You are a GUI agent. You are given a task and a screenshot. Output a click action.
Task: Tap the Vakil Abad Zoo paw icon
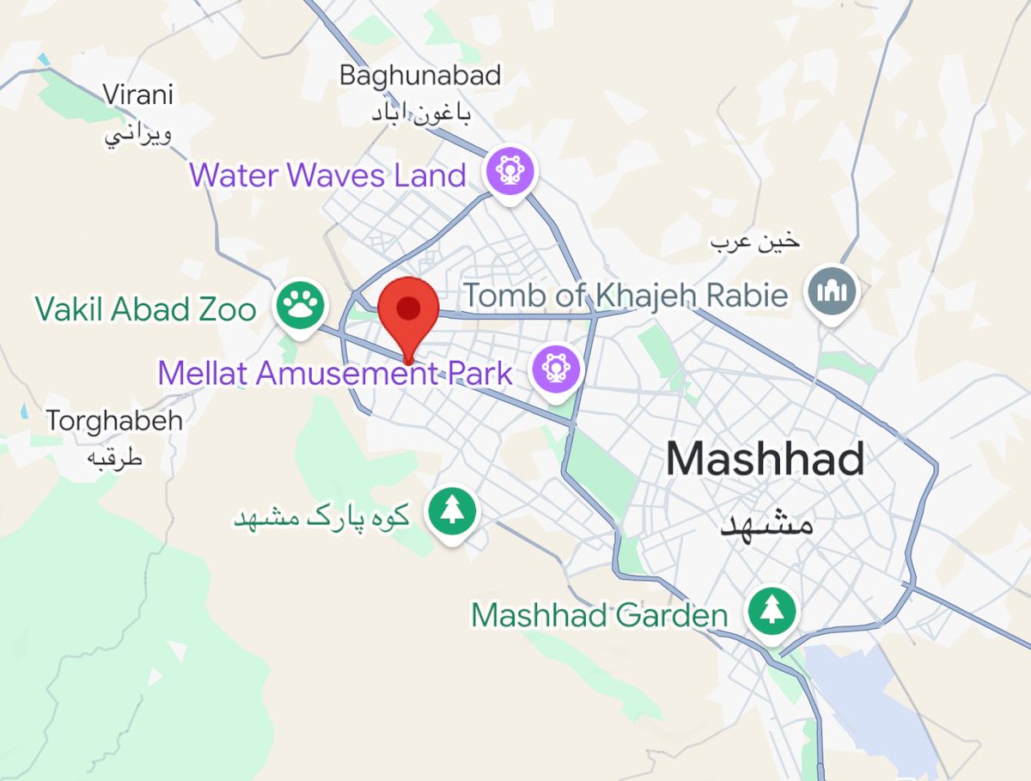click(300, 304)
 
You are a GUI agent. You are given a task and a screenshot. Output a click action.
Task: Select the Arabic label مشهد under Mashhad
click(766, 522)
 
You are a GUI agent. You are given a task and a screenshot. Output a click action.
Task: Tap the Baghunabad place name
click(419, 75)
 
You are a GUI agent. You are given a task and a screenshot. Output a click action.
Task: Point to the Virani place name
click(137, 94)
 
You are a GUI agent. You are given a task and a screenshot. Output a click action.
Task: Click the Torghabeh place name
click(114, 421)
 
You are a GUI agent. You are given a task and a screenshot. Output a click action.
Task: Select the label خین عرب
click(754, 242)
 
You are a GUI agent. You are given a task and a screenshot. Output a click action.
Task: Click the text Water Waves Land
click(327, 175)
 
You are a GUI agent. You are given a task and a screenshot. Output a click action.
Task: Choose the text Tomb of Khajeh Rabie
click(625, 296)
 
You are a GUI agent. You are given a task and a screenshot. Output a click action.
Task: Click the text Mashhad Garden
click(599, 615)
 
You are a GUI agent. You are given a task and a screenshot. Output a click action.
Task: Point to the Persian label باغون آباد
click(421, 113)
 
